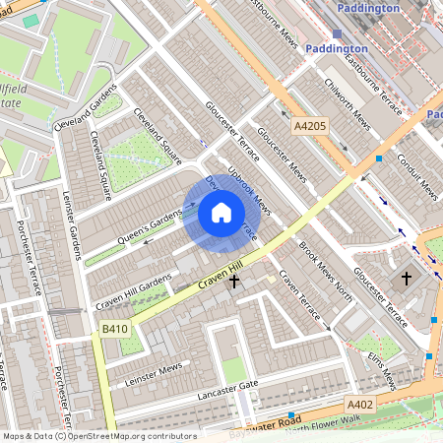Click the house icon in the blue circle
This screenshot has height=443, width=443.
pyautogui.click(x=221, y=212)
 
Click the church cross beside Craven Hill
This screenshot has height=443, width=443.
pyautogui.click(x=234, y=282)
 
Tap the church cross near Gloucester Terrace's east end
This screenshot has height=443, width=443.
pyautogui.click(x=407, y=280)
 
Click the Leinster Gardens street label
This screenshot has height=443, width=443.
pyautogui.click(x=70, y=225)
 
